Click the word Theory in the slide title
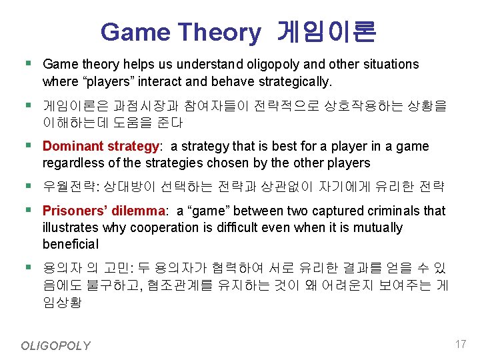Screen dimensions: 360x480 (220, 31)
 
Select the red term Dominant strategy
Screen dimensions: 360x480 (101, 147)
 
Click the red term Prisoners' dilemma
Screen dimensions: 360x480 (103, 211)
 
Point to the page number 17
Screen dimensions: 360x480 (459, 344)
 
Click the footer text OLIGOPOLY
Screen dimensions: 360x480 (55, 345)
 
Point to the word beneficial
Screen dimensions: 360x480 (70, 245)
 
